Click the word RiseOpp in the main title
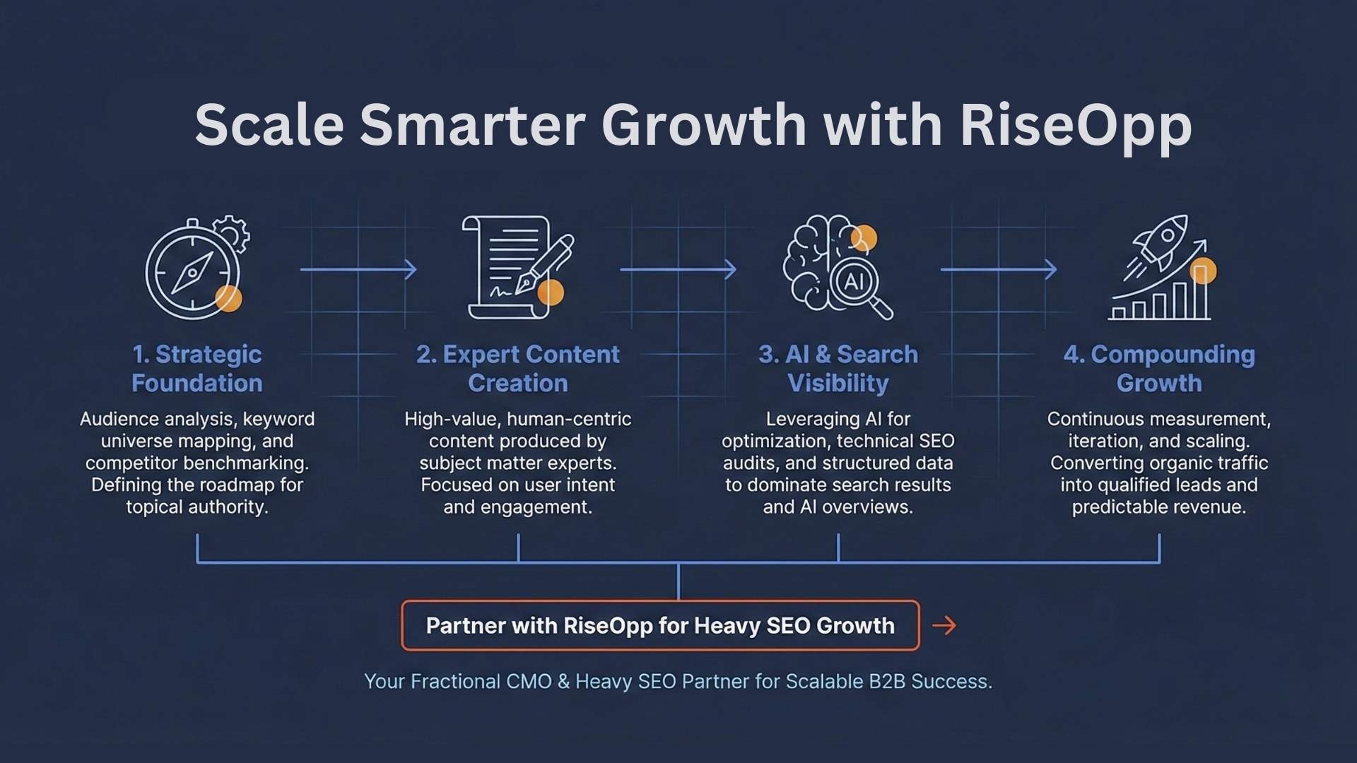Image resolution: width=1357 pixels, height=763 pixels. [x=1076, y=126]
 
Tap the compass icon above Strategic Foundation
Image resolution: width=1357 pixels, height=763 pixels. [x=192, y=271]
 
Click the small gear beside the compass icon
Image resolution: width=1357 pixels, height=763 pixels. [x=232, y=233]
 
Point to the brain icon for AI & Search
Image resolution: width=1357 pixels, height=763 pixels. [x=820, y=261]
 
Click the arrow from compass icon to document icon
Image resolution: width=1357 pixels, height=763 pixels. [x=358, y=269]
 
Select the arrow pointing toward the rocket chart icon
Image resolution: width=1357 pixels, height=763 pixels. [x=999, y=269]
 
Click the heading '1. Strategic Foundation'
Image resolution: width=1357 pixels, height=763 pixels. [x=197, y=368]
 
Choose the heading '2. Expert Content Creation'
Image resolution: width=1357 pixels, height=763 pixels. [x=518, y=368]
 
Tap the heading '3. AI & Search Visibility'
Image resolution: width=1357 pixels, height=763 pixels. [x=838, y=368]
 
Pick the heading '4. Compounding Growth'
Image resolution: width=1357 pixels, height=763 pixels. [x=1159, y=368]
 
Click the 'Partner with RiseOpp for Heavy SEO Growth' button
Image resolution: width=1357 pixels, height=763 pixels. [x=660, y=625]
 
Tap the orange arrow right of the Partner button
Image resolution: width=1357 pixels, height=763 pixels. [x=944, y=625]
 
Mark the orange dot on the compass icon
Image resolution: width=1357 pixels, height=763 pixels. [x=228, y=299]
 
